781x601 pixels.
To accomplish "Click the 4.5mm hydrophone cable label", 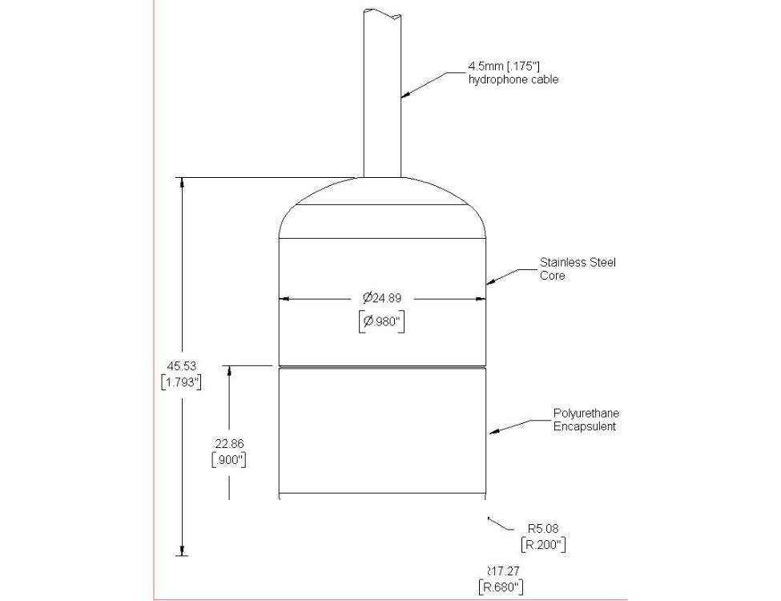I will click(513, 73).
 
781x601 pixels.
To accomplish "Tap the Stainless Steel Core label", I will click(578, 269).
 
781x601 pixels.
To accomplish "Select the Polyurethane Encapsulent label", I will click(586, 420).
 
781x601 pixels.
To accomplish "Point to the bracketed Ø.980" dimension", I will click(381, 322).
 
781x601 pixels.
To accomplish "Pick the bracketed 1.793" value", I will click(181, 382).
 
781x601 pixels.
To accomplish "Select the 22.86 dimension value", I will click(228, 443).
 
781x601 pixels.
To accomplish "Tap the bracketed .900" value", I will click(228, 460).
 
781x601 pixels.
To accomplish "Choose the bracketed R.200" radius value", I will click(545, 545).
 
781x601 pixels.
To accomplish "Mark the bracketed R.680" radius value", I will click(501, 587).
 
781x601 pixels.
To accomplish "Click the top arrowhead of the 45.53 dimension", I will click(182, 183).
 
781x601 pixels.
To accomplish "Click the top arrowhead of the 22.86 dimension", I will click(229, 372).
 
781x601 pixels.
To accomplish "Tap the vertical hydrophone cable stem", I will click(382, 96).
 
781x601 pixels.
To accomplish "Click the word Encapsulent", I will click(585, 427).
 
